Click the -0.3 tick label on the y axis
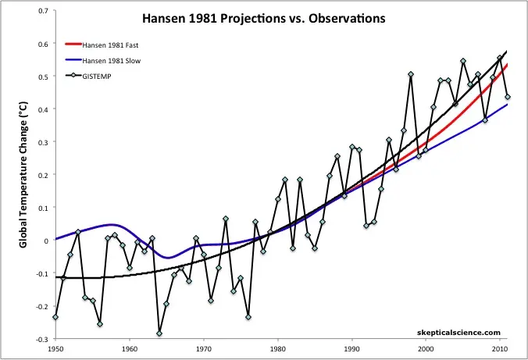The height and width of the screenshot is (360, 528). (x=40, y=340)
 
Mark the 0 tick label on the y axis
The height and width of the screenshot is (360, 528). (x=44, y=241)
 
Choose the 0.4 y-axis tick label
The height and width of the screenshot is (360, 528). (x=41, y=109)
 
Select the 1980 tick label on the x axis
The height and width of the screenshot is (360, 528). (x=278, y=350)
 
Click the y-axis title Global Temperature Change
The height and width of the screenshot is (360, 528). (x=23, y=176)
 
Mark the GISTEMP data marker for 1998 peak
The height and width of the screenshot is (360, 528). (x=411, y=75)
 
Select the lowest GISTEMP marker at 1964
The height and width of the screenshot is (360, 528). (x=159, y=333)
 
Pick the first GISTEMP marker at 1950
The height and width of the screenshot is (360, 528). (x=55, y=317)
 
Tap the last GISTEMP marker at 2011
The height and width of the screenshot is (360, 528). (x=508, y=97)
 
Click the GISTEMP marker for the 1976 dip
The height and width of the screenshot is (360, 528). (x=248, y=317)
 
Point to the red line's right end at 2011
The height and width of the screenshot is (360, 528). (x=508, y=65)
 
